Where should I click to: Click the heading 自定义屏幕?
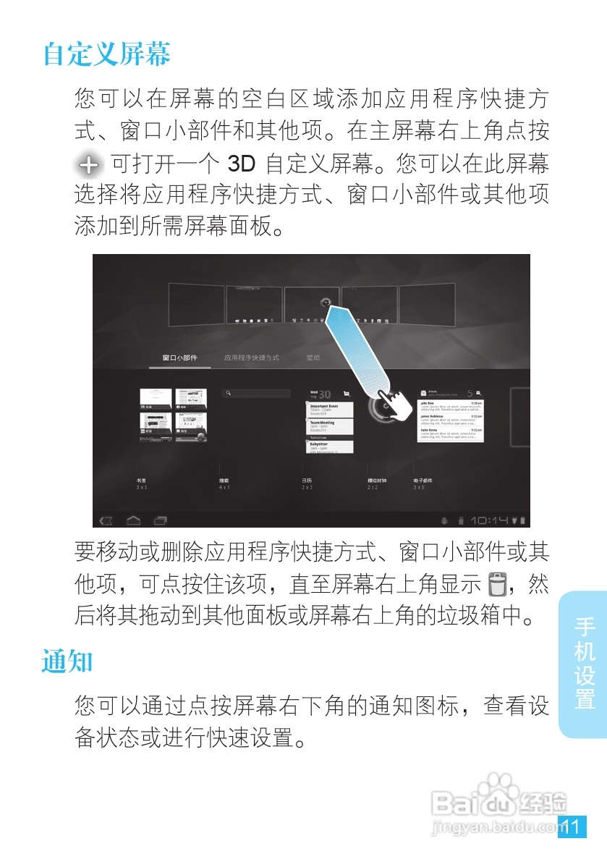107,54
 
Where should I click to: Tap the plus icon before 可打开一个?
89,165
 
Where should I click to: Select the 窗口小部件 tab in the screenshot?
179,358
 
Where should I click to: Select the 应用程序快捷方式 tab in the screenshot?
251,358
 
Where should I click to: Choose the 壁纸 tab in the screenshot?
313,358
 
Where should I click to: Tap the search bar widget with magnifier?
255,393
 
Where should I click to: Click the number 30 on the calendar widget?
325,394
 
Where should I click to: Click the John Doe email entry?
451,407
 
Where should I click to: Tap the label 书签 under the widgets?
142,481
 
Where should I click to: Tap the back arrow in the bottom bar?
106,520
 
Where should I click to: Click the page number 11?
572,827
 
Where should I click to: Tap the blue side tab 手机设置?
584,663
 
